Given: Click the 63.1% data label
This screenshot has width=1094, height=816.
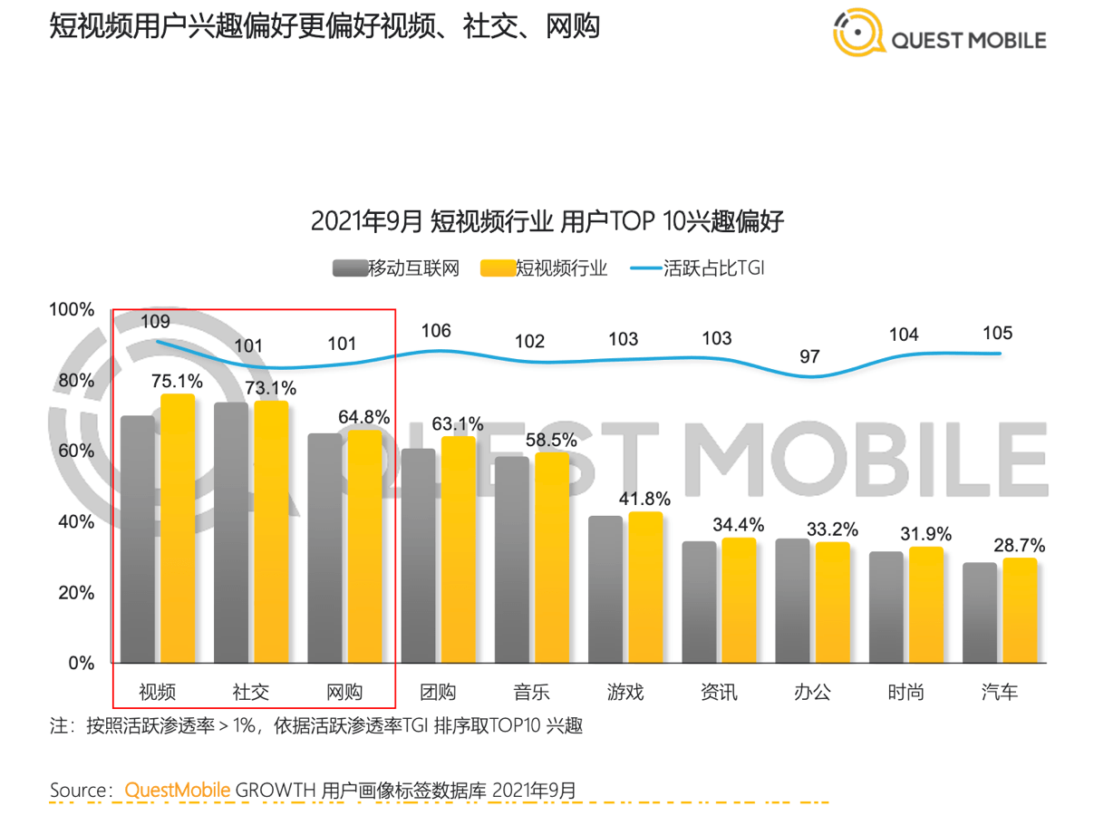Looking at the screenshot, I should tap(457, 423).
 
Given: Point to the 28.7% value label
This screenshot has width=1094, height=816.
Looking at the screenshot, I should tap(1019, 546).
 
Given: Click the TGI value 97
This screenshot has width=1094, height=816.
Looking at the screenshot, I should tap(809, 356).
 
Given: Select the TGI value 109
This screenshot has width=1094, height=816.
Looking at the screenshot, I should tap(155, 321).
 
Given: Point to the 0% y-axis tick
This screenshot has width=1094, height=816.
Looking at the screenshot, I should tap(81, 664).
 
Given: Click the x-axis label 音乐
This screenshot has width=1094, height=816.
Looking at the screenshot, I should tap(531, 693).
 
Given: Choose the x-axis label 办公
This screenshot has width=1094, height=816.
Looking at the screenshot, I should tap(812, 693).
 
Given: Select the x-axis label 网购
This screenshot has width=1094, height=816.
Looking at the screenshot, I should tap(344, 693).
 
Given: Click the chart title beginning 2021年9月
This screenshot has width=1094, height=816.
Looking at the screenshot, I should tap(547, 221).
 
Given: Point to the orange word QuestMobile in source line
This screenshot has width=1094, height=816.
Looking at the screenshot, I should tap(178, 789).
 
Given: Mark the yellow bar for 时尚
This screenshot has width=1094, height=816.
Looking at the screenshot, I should tap(925, 605).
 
